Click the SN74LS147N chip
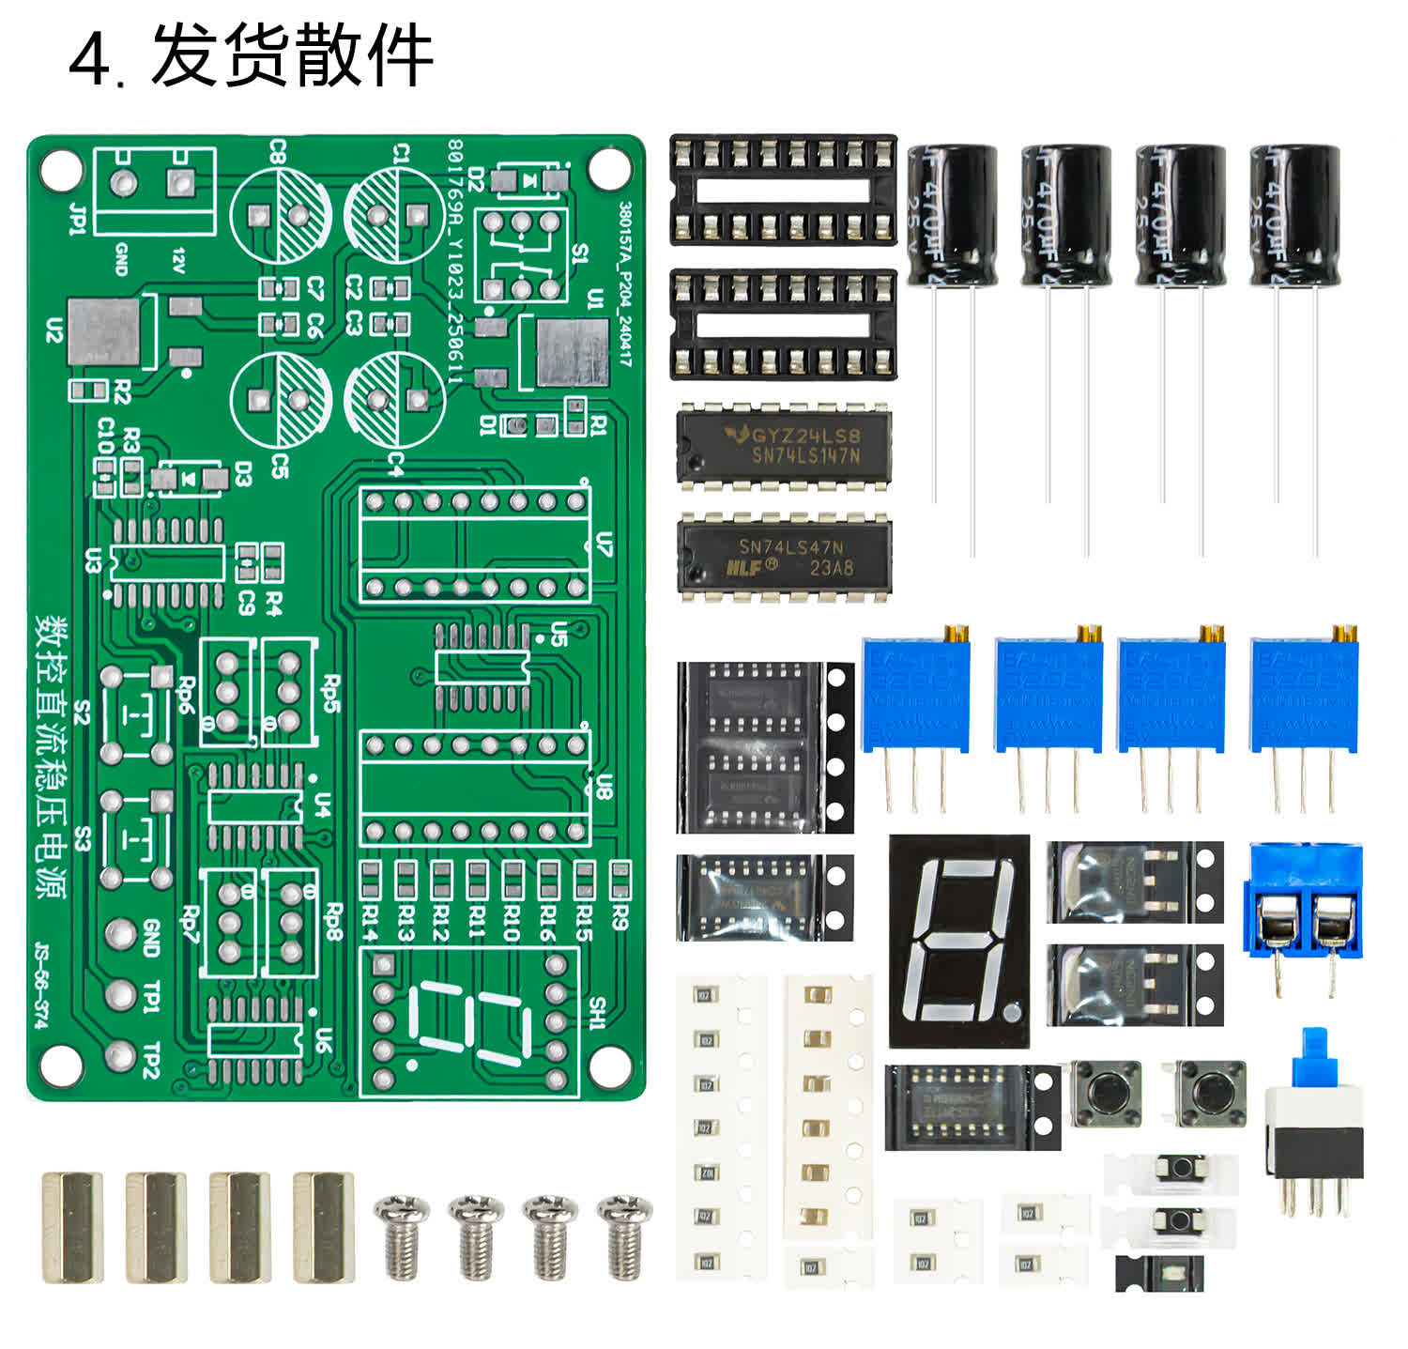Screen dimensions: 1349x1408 click(x=784, y=445)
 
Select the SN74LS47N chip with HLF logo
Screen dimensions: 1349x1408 click(x=784, y=557)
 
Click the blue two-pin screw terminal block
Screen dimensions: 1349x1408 click(x=1303, y=901)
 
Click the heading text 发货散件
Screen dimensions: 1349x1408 click(x=291, y=57)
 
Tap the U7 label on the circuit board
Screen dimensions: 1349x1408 click(x=605, y=544)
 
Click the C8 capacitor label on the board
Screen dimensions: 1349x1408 click(x=278, y=151)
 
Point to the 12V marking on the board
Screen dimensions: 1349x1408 click(x=178, y=260)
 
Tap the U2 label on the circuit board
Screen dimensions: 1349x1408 click(x=54, y=330)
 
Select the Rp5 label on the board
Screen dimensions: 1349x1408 click(x=330, y=693)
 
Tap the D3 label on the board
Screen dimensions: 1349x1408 click(x=243, y=475)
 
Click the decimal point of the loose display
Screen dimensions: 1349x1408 click(x=1010, y=1014)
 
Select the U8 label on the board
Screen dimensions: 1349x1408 click(x=605, y=787)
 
